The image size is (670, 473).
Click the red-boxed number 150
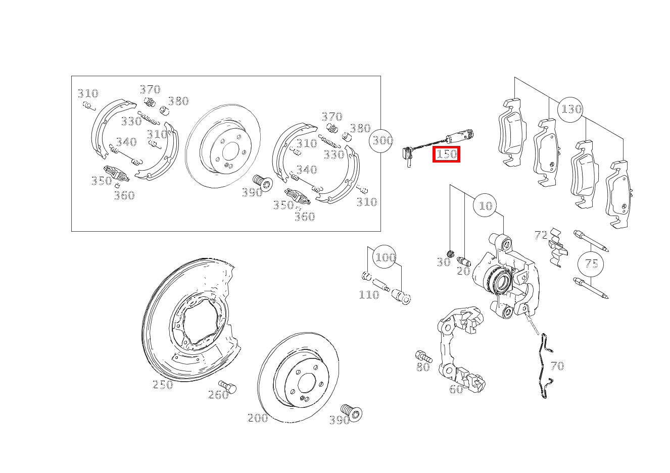click(x=446, y=154)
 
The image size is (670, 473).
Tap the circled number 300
click(x=381, y=140)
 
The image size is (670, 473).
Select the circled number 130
click(x=570, y=110)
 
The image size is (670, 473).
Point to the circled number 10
click(x=485, y=205)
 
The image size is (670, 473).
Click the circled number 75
click(x=590, y=264)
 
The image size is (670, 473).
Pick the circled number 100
click(x=385, y=257)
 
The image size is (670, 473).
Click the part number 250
click(x=163, y=385)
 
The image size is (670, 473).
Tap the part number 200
click(x=258, y=417)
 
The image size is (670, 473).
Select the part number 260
click(x=218, y=395)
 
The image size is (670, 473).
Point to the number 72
click(x=541, y=235)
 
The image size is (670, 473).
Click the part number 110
click(x=369, y=295)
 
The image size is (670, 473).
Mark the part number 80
click(x=423, y=367)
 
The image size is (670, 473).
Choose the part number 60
click(x=456, y=389)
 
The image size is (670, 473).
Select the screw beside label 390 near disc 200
click(x=352, y=412)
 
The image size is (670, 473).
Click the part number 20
click(x=463, y=271)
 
